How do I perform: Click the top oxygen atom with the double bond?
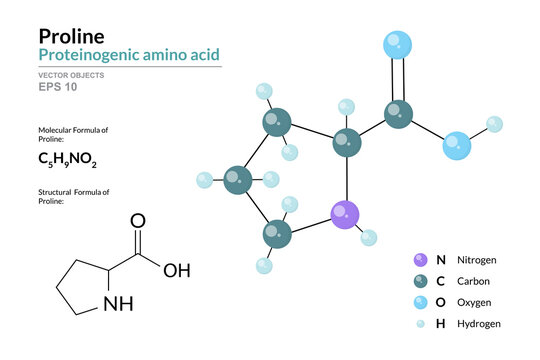click(398, 44)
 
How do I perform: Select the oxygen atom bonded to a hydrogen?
click(457, 146)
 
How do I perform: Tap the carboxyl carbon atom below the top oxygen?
click(398, 113)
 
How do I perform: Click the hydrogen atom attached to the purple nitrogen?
click(368, 237)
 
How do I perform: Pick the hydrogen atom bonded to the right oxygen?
click(494, 124)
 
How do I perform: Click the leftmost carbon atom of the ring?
click(238, 181)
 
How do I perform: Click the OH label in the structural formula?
click(176, 269)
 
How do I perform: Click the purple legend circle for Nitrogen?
click(419, 259)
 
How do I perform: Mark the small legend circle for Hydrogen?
click(419, 324)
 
